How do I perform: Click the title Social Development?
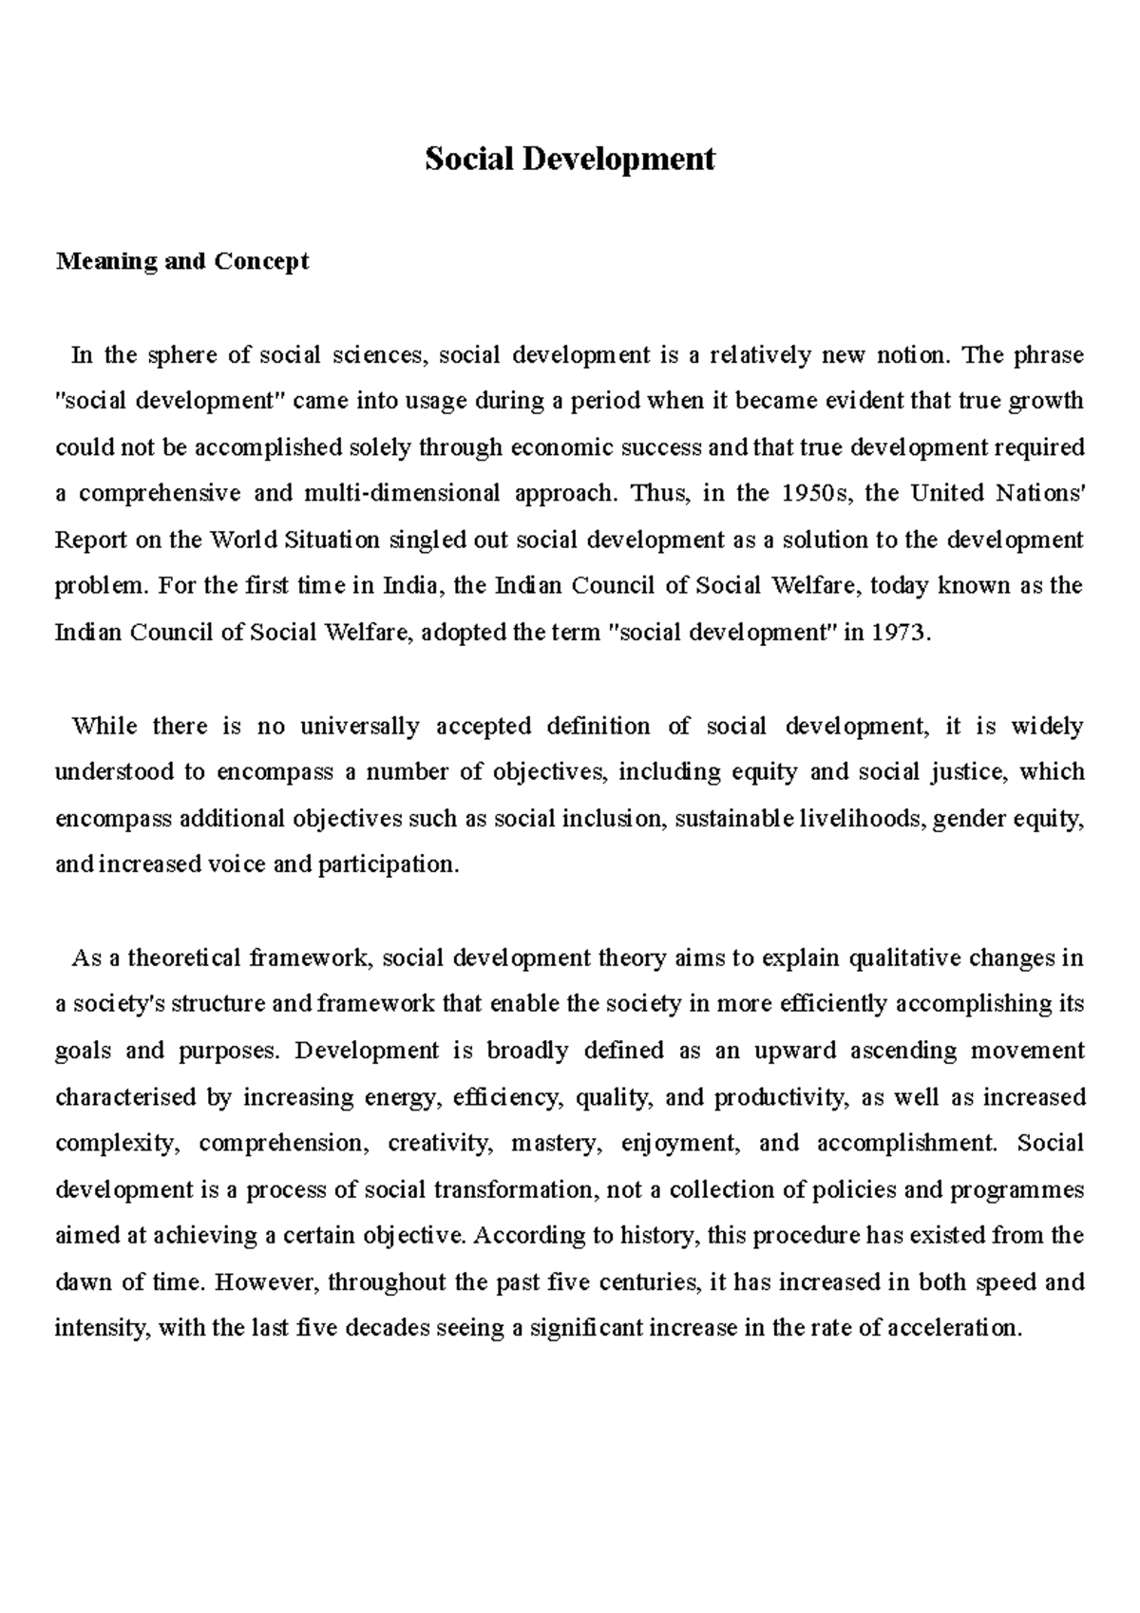pos(569,159)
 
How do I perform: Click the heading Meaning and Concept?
pos(182,261)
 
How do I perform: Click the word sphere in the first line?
pos(181,355)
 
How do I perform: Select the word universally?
pos(360,726)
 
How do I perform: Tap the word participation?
pos(388,864)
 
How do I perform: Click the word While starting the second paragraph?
pos(104,726)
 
